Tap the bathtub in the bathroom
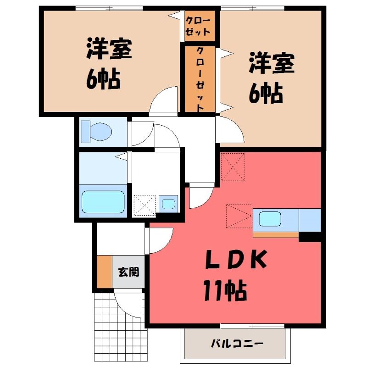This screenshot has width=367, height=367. (103, 202)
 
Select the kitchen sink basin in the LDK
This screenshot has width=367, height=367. (270, 219)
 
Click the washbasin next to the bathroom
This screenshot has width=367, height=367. (168, 204)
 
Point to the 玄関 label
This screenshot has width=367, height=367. (128, 272)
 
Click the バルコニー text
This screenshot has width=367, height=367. (237, 344)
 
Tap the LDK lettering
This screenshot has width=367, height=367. (236, 259)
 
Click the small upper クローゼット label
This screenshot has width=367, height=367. (198, 26)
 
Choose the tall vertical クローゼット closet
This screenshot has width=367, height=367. (200, 78)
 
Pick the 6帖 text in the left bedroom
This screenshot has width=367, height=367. (103, 79)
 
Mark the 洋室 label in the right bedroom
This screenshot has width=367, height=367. (272, 63)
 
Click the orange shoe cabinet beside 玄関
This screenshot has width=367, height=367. (105, 272)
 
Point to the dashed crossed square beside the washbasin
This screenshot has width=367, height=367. (145, 205)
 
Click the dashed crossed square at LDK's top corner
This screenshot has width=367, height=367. (233, 167)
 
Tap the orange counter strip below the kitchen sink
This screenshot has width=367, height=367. (276, 235)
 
